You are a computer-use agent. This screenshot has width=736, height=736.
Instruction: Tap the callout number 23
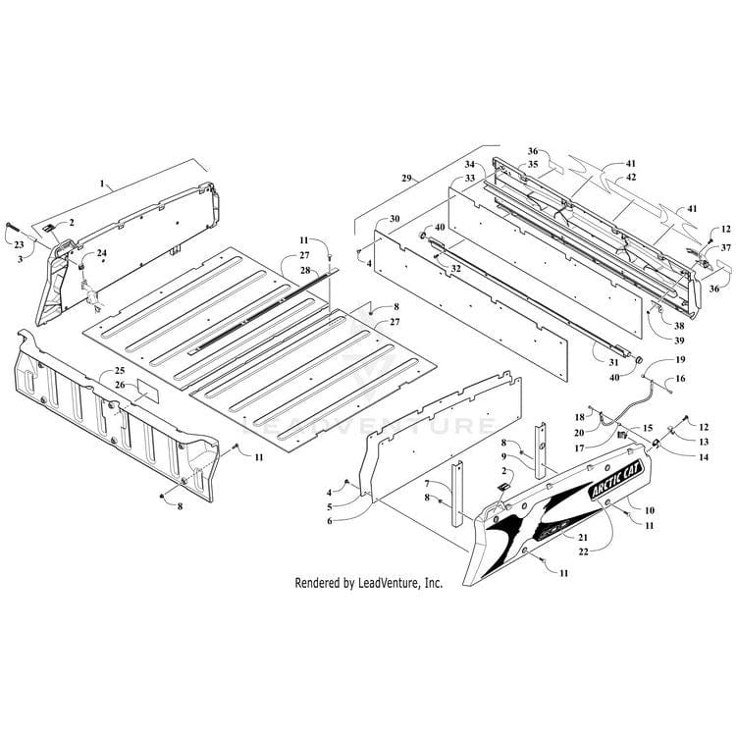click(18, 245)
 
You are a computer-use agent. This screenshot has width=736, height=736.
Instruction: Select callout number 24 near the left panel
click(101, 252)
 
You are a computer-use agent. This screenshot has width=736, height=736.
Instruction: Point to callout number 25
click(119, 370)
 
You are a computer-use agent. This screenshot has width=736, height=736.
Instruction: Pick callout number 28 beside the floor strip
click(304, 269)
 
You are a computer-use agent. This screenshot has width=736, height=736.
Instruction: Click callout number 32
click(456, 267)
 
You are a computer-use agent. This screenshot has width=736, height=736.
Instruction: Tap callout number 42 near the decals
click(631, 177)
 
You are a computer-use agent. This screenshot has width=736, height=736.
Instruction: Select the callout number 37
click(725, 247)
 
